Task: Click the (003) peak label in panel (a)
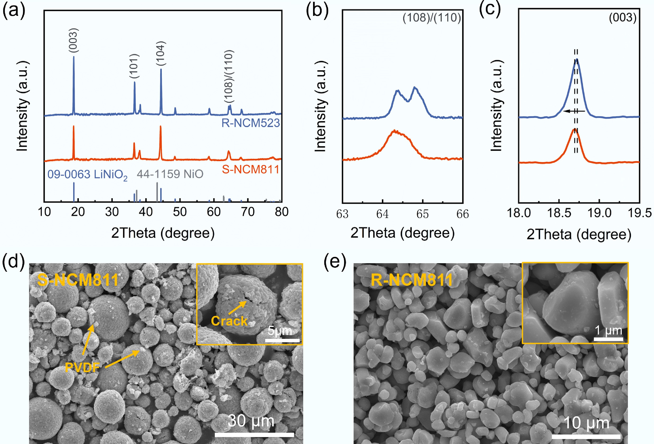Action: [x=73, y=40]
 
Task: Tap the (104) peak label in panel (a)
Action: [x=161, y=53]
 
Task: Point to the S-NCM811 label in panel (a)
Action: [x=250, y=169]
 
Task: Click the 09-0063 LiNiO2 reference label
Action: [x=87, y=175]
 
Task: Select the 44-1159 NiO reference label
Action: [x=170, y=174]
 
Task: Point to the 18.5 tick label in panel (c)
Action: [x=559, y=213]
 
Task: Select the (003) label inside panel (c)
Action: [x=623, y=18]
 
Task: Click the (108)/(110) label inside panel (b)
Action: [x=432, y=18]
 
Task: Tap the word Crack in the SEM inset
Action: [x=229, y=321]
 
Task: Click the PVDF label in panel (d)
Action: [x=82, y=367]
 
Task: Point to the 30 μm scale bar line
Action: [x=254, y=435]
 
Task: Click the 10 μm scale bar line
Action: [x=586, y=436]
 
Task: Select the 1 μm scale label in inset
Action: [x=608, y=330]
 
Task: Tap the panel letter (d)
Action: [x=13, y=261]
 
